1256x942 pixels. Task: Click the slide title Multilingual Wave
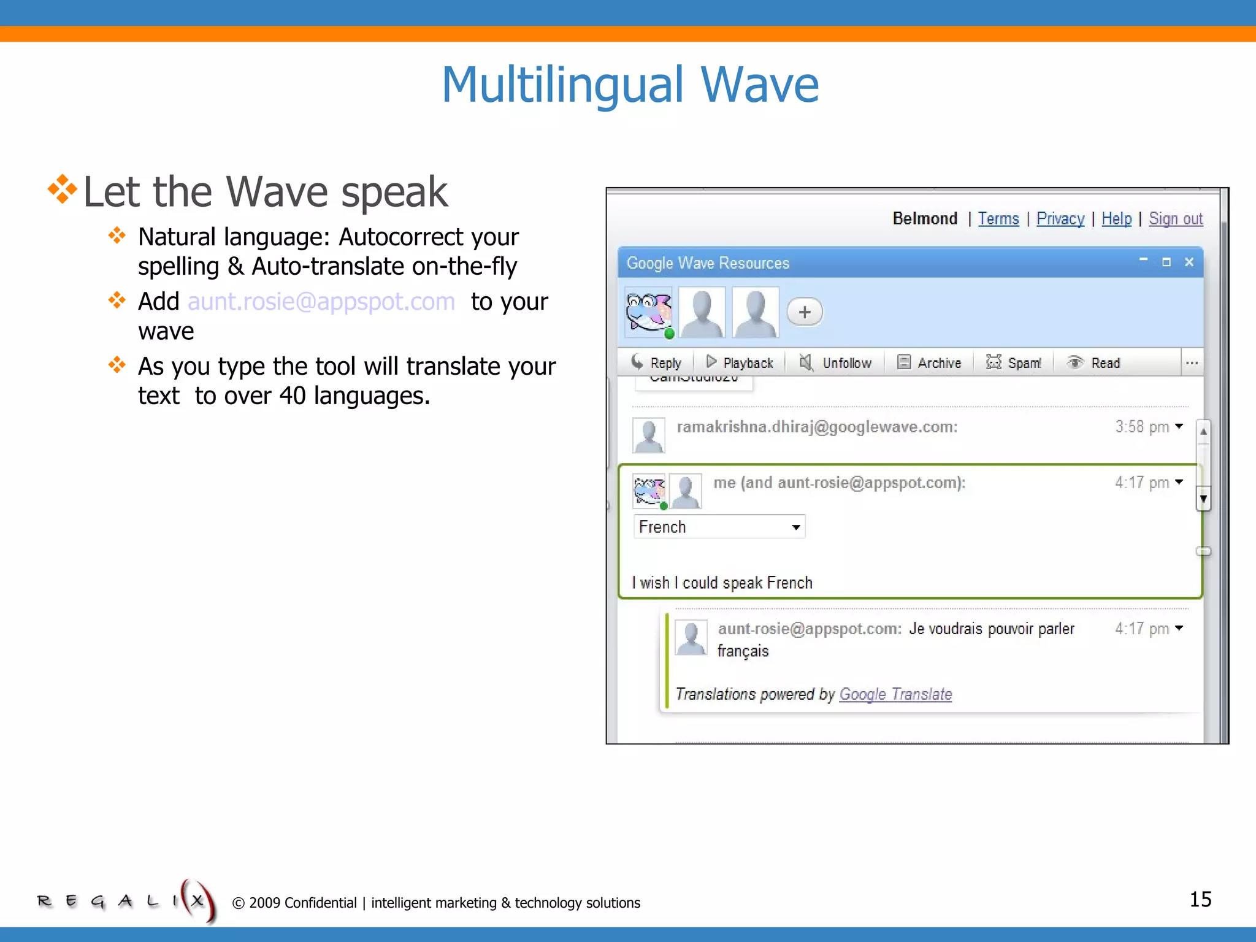630,85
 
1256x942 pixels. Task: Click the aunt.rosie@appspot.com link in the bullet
321,302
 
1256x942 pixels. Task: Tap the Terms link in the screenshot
998,219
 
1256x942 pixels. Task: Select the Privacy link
1060,219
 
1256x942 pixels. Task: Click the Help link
1116,219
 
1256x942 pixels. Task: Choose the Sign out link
1175,219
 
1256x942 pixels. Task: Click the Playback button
740,363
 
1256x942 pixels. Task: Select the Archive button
929,363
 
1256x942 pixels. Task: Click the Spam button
1014,363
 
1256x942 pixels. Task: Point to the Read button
1094,363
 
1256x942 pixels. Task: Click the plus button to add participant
805,312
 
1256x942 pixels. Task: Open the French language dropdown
719,527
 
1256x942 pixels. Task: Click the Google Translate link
895,694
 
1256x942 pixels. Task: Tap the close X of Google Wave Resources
1189,262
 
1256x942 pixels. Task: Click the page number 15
1200,900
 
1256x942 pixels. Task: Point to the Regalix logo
126,900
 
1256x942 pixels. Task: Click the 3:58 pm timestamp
1142,427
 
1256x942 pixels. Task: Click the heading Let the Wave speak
265,192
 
